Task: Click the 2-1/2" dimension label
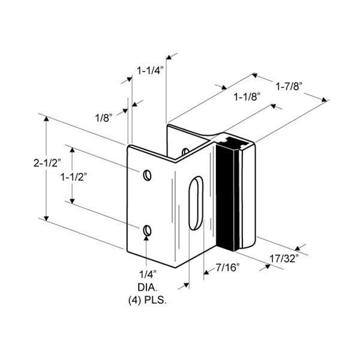point(47,163)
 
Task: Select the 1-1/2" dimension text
point(74,177)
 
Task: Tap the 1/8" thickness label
point(104,118)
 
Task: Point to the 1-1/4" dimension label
point(150,70)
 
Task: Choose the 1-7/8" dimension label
point(289,86)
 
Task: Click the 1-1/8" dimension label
point(247,97)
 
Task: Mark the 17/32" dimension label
point(284,259)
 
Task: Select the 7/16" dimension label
point(227,268)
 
